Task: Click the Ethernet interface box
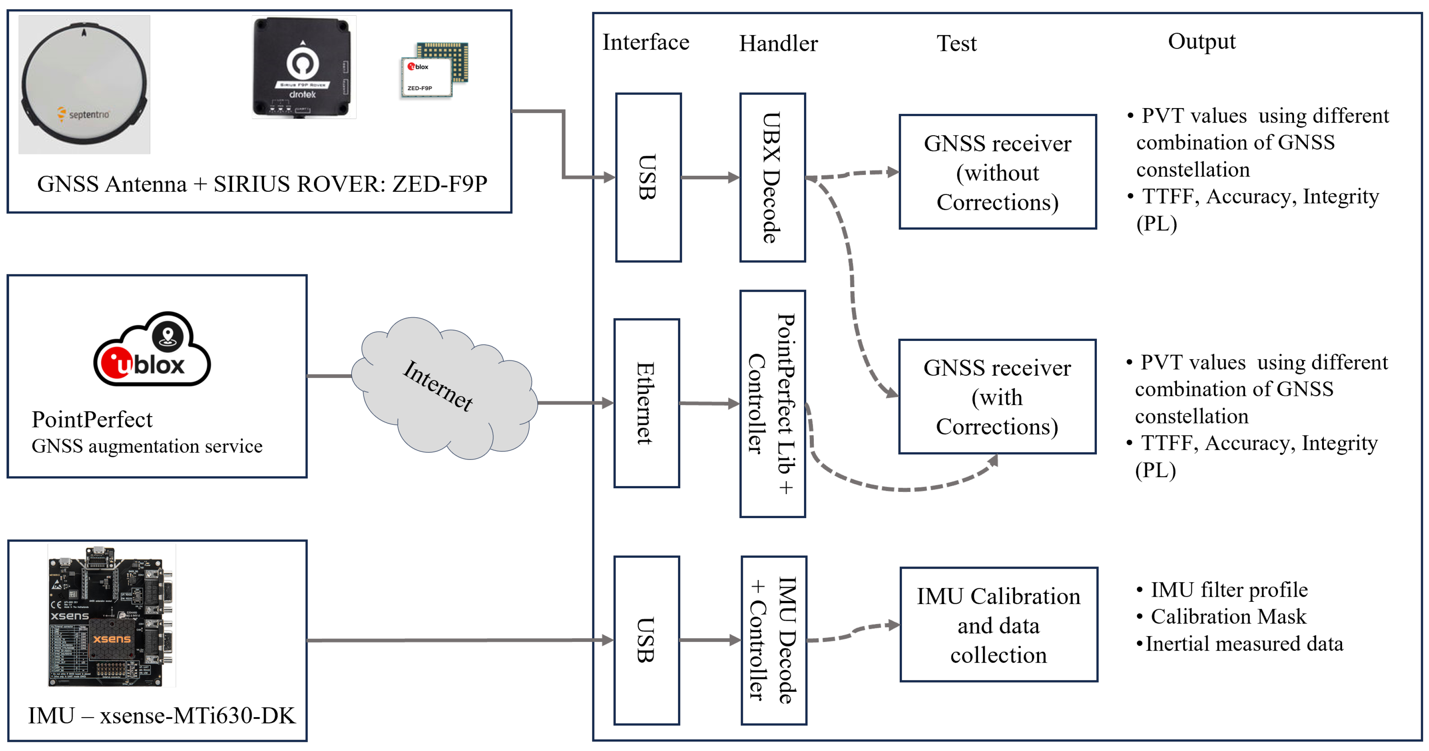coord(647,403)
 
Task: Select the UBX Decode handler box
coord(772,178)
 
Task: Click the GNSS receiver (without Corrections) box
coord(998,172)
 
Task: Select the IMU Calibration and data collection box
coord(999,624)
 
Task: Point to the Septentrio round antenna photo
coord(84,84)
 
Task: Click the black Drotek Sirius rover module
coord(303,67)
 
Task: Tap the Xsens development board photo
coord(111,616)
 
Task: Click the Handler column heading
coord(778,43)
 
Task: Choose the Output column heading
coord(1202,41)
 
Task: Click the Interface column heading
coord(646,43)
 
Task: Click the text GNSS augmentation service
coord(147,446)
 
